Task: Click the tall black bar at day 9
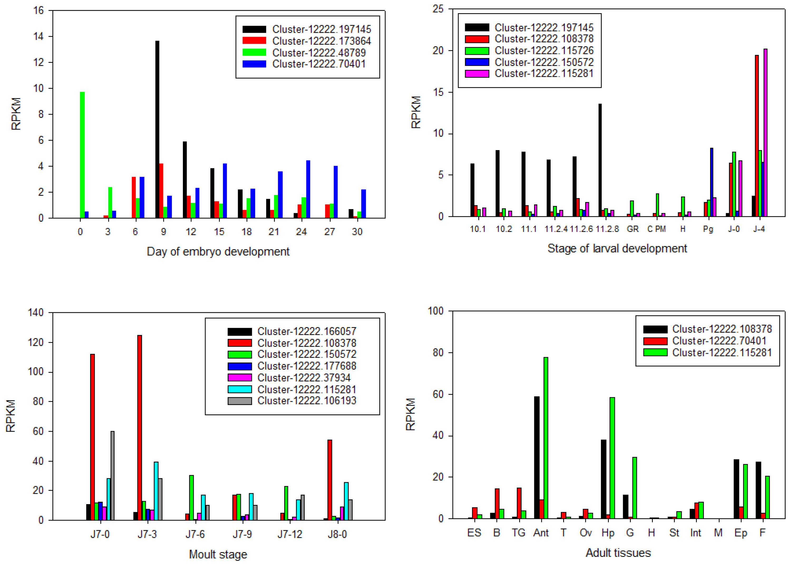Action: pyautogui.click(x=157, y=129)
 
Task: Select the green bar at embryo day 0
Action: pyautogui.click(x=82, y=155)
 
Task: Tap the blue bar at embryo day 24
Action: pyautogui.click(x=308, y=189)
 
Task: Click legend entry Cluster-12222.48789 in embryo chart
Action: pyautogui.click(x=318, y=53)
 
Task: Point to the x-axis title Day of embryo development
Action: pyautogui.click(x=218, y=251)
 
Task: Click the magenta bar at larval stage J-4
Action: pyautogui.click(x=765, y=133)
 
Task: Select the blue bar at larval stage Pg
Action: pyautogui.click(x=712, y=182)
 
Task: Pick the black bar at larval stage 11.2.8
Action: pyautogui.click(x=600, y=160)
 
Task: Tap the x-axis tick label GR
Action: pyautogui.click(x=633, y=229)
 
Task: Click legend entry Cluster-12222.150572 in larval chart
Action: pyautogui.click(x=544, y=62)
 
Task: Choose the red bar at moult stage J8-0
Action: pyautogui.click(x=329, y=480)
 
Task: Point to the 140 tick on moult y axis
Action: pyautogui.click(x=36, y=313)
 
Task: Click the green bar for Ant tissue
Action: pyautogui.click(x=546, y=438)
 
